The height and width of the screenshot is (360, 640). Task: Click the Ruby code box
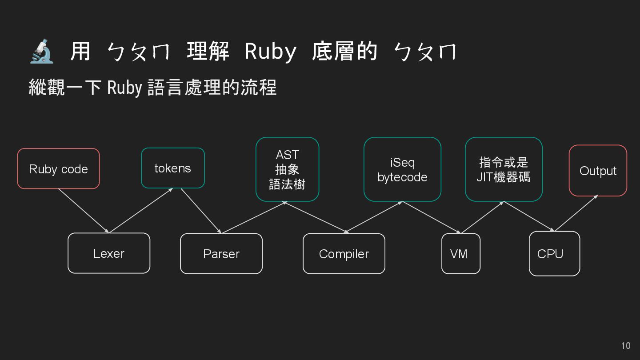click(x=58, y=168)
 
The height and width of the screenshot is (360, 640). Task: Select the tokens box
click(x=173, y=168)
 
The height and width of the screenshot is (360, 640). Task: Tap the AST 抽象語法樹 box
click(x=287, y=169)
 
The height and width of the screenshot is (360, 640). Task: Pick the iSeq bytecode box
click(x=402, y=169)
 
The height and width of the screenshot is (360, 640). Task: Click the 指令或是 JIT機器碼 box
click(x=504, y=169)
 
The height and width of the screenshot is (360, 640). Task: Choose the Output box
click(x=598, y=171)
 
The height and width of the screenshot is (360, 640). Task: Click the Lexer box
click(x=109, y=253)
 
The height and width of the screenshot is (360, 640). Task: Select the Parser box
click(x=221, y=254)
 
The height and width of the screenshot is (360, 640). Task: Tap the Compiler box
click(x=344, y=254)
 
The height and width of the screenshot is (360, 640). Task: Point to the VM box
click(x=461, y=254)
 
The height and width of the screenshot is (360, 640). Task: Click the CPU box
click(x=554, y=254)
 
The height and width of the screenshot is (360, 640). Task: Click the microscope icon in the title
click(x=42, y=52)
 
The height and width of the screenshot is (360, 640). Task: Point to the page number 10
click(x=625, y=346)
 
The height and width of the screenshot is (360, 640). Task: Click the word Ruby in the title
click(x=270, y=52)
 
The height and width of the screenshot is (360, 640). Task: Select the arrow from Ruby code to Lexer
click(x=83, y=211)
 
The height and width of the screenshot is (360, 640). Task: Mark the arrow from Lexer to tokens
click(x=141, y=210)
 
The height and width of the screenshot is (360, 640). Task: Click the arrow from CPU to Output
click(x=576, y=213)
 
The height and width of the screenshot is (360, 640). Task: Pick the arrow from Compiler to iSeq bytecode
click(x=373, y=217)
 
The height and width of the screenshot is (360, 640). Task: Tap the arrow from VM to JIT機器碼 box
click(x=482, y=217)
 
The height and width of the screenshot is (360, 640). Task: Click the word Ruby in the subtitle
click(x=124, y=88)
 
